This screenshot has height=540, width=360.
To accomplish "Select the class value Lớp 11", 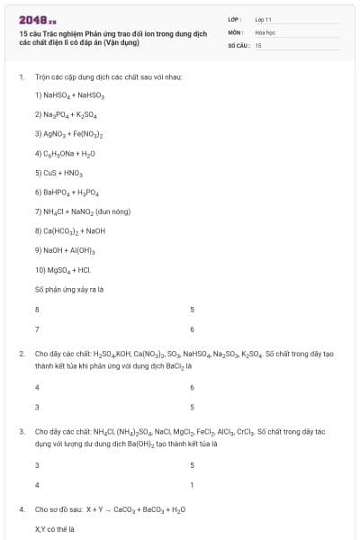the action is [x=263, y=19].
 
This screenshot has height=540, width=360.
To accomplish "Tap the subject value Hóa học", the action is [x=265, y=31].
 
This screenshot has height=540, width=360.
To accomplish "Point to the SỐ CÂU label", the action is [x=238, y=44].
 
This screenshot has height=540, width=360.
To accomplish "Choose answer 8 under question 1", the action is [x=37, y=309].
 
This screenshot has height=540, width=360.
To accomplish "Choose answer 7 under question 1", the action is [x=37, y=328].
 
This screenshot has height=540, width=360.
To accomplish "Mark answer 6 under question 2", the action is [x=192, y=387].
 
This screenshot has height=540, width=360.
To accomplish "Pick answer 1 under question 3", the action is [x=192, y=485].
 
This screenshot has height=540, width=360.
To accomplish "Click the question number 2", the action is [x=22, y=353].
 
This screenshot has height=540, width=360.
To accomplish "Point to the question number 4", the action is [x=22, y=509].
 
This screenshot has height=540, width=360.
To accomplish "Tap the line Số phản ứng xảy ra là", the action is [x=69, y=289].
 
